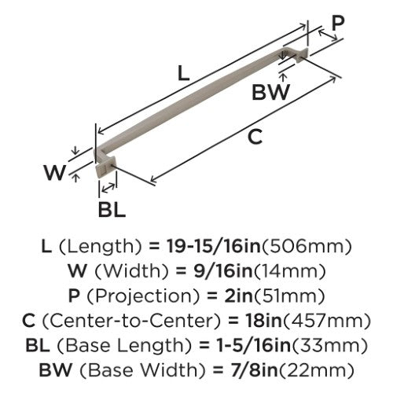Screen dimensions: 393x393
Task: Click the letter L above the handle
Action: tap(183, 73)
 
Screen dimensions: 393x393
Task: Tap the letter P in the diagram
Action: tap(338, 23)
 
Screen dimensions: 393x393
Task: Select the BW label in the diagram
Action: tap(270, 92)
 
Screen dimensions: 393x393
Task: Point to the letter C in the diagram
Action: tap(255, 136)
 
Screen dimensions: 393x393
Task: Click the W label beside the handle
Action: tap(54, 172)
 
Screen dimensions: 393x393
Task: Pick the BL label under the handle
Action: tap(112, 210)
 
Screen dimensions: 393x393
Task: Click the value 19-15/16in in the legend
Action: tap(214, 246)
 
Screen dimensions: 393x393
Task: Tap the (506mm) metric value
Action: tap(307, 247)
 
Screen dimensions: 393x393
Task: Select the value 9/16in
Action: tap(222, 271)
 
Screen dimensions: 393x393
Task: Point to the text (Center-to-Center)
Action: tap(131, 321)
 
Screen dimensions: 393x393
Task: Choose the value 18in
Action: tap(263, 321)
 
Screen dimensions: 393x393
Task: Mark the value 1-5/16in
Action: tap(254, 345)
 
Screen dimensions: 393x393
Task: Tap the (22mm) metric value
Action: tap(316, 370)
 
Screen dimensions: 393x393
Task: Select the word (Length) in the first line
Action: tap(101, 247)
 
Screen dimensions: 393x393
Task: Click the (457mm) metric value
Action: tap(326, 321)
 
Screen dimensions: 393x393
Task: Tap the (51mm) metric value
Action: tap(289, 296)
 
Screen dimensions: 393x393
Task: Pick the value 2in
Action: tap(238, 296)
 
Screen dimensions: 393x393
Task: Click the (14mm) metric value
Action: tap(289, 271)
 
